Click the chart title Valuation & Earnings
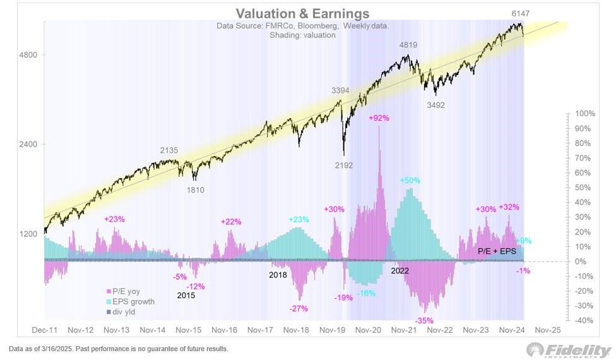point(302,14)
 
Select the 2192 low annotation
point(344,165)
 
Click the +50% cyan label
point(410,181)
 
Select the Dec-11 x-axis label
point(45,330)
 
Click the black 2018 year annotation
point(278,275)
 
